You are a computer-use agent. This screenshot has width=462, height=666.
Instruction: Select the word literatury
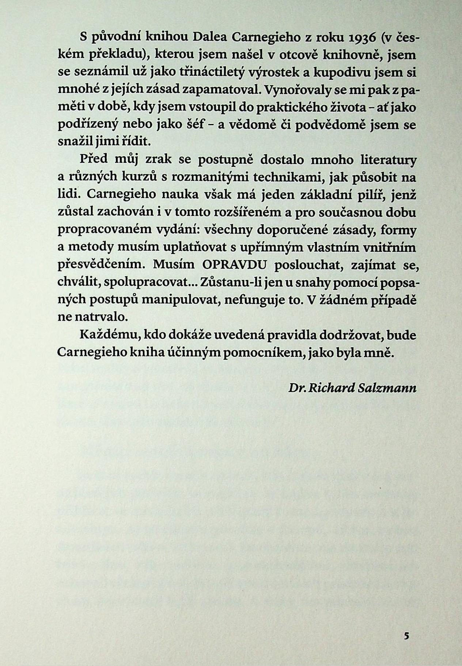click(x=388, y=160)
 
